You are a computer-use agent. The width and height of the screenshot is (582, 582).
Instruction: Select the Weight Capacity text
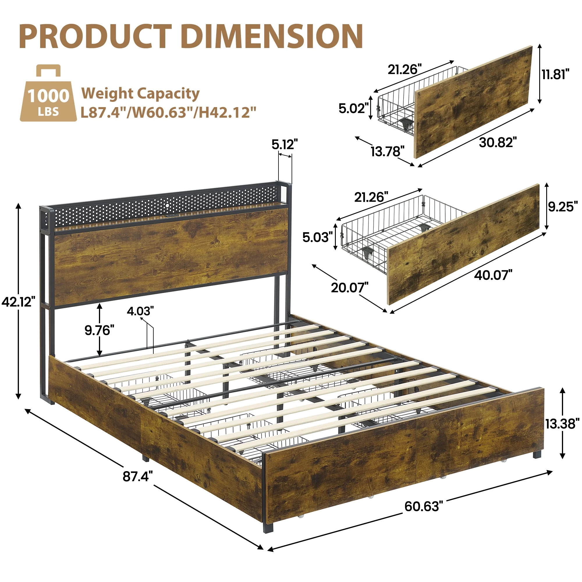click(x=140, y=93)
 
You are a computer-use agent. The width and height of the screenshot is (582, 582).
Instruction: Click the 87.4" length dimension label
click(x=138, y=476)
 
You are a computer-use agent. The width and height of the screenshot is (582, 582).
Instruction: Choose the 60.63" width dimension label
click(x=423, y=506)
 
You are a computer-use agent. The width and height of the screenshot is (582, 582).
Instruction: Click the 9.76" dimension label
click(x=100, y=331)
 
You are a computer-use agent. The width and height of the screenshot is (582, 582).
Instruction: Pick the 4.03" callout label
click(x=140, y=311)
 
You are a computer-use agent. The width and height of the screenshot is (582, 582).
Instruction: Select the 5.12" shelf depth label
click(x=284, y=145)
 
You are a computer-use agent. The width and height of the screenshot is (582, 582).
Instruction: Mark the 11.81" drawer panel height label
click(x=555, y=74)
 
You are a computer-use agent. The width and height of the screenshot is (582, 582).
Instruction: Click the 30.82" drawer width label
click(x=498, y=142)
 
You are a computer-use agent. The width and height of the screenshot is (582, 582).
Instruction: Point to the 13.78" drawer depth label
click(x=387, y=151)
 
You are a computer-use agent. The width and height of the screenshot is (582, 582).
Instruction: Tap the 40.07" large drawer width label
click(x=493, y=275)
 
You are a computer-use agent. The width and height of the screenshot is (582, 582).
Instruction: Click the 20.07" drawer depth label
click(x=349, y=288)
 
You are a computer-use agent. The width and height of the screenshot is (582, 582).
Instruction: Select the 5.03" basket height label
click(x=317, y=237)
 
